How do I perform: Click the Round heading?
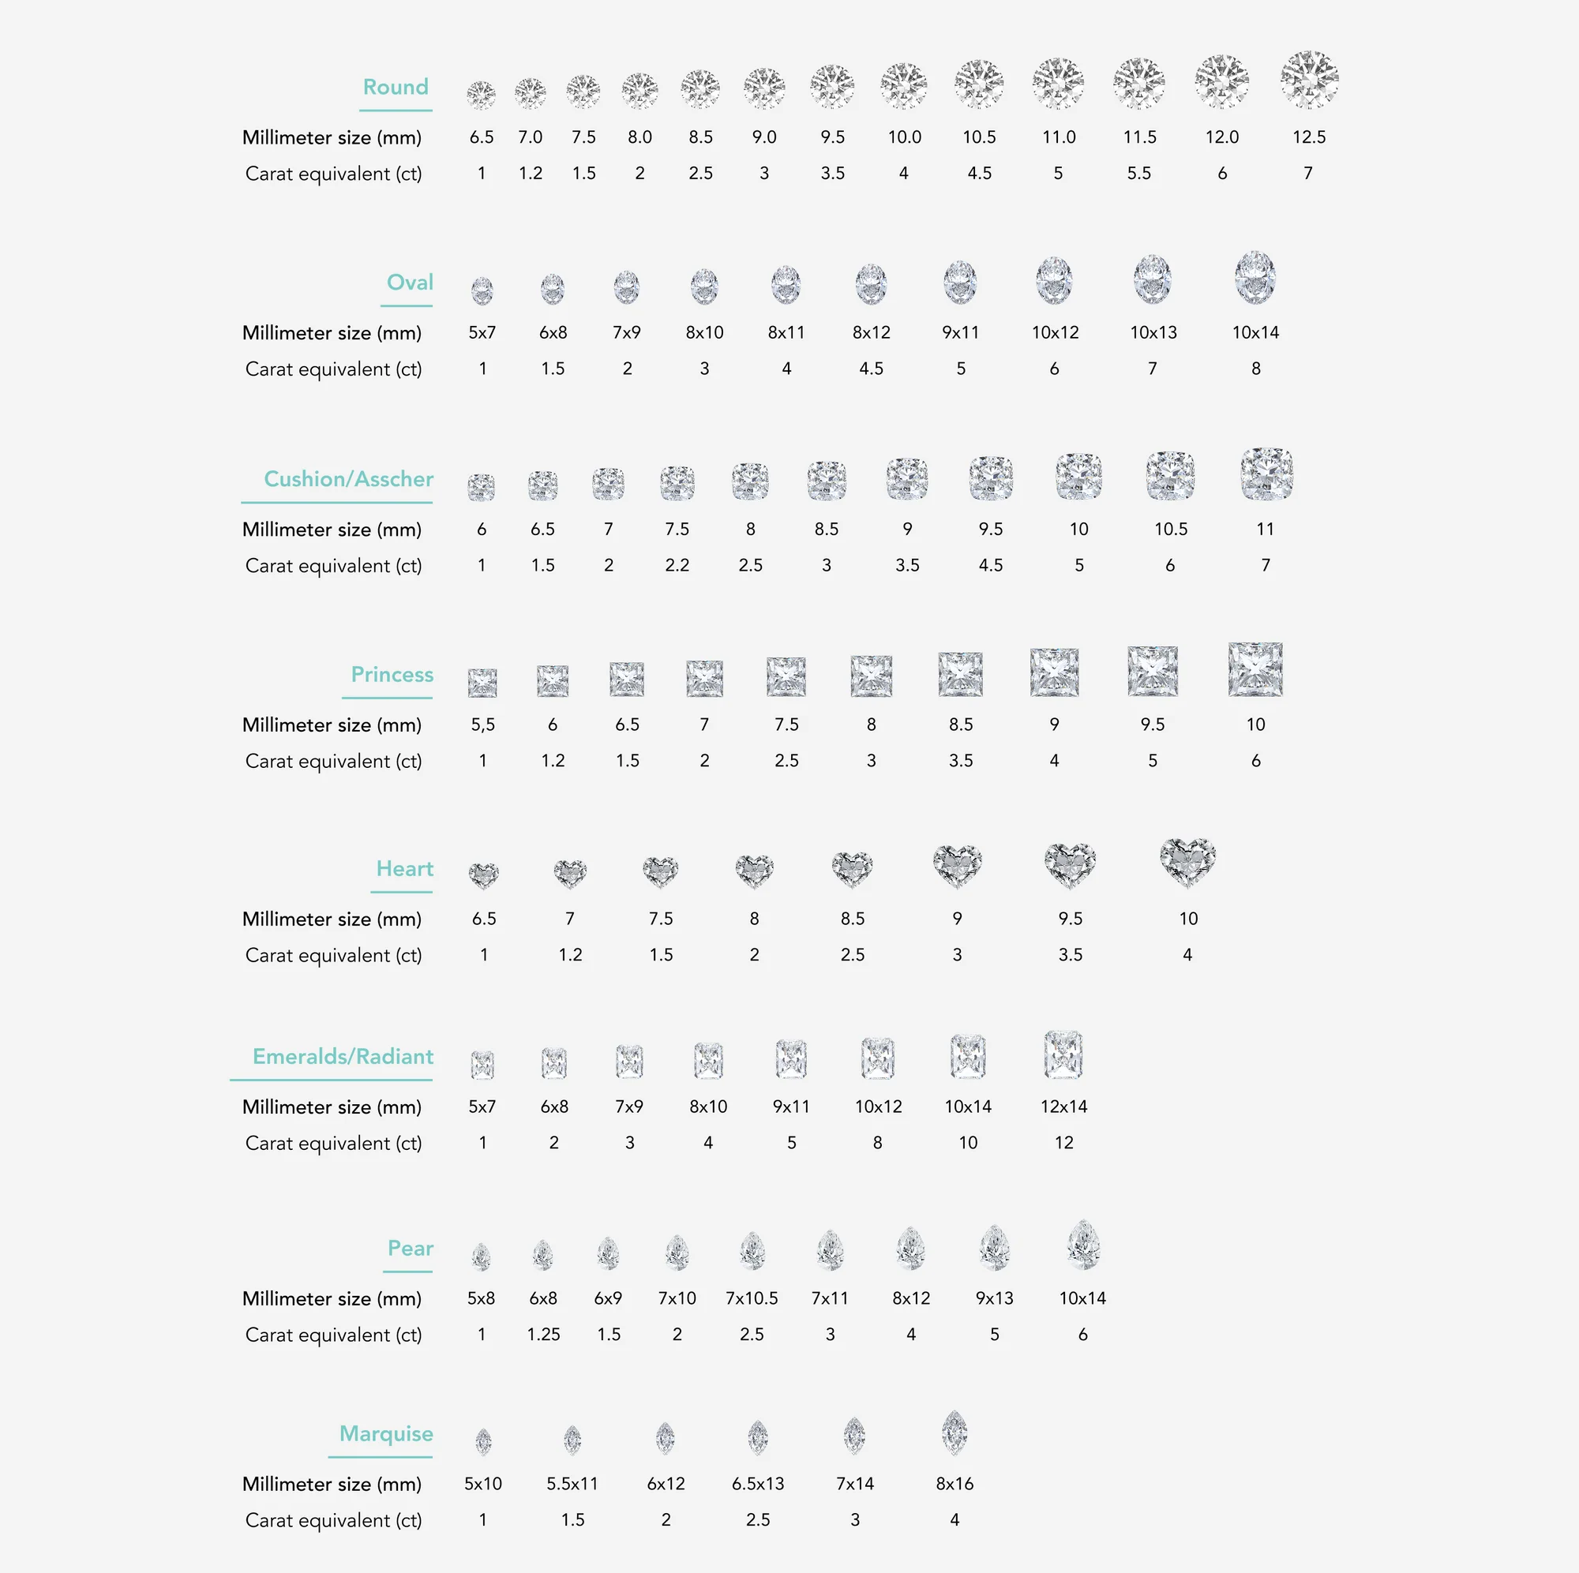pos(396,87)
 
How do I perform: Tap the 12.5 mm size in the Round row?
pos(1308,137)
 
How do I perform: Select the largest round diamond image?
pos(1308,80)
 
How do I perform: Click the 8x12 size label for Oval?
pos(872,332)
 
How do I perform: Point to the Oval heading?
pos(410,282)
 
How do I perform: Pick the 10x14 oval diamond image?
pos(1255,278)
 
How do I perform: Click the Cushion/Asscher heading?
pos(348,479)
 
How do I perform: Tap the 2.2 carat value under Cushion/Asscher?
pos(677,565)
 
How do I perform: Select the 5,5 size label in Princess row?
pos(483,725)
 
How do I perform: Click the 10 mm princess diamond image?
pos(1255,670)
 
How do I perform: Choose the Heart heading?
pos(404,869)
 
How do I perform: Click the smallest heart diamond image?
pos(484,875)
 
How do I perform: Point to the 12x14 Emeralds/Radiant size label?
pos(1063,1107)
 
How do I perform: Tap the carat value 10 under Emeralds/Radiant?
pos(968,1143)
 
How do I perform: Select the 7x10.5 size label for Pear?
pos(752,1298)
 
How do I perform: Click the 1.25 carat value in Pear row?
pos(543,1335)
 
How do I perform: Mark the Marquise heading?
pos(386,1434)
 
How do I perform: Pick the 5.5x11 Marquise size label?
pos(572,1484)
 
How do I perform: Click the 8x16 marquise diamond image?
pos(955,1433)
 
